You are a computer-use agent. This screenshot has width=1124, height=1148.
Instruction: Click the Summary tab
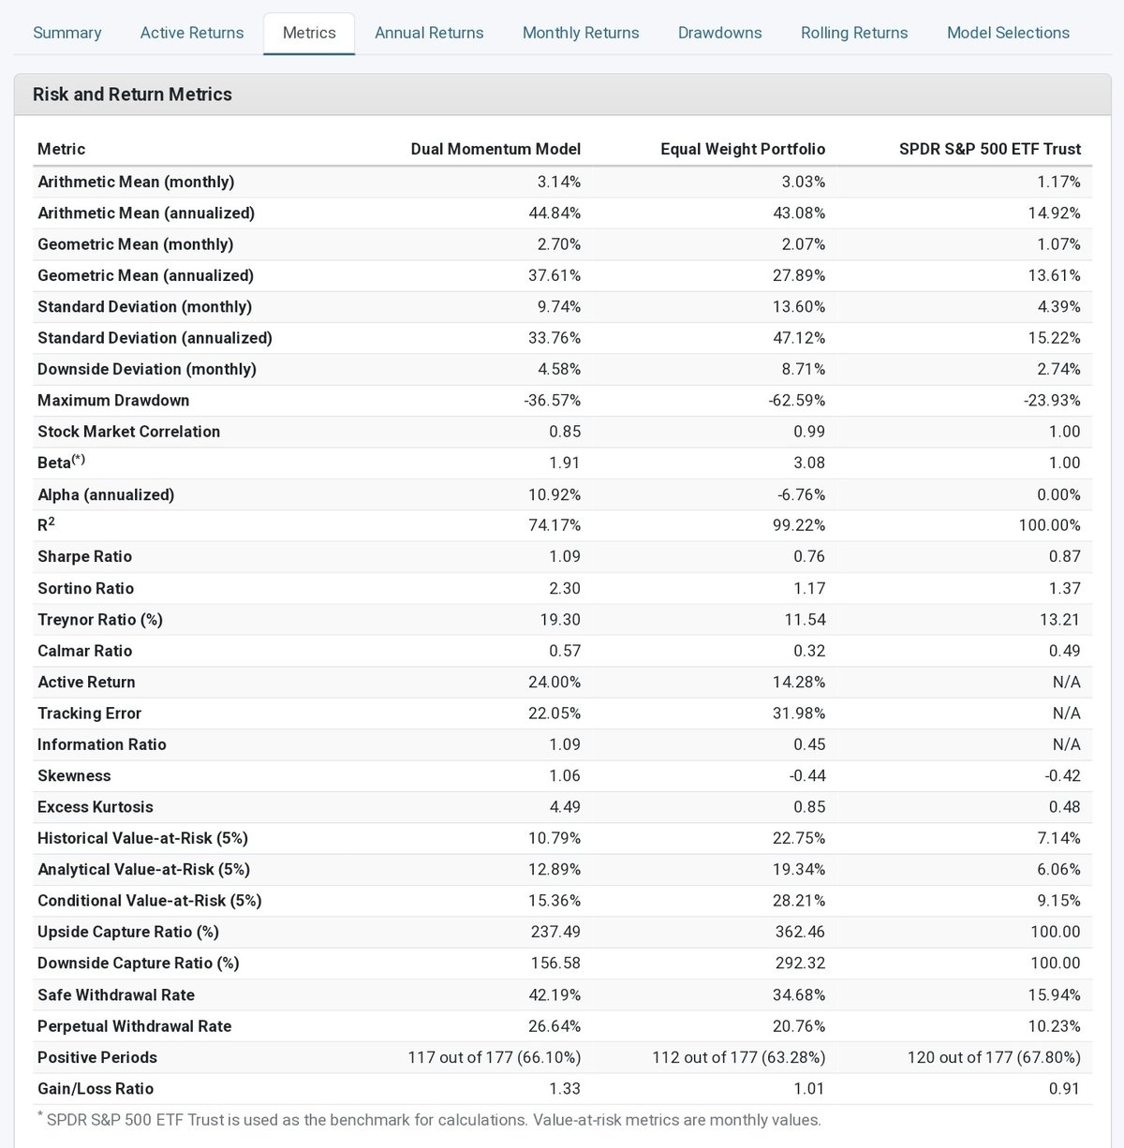(67, 33)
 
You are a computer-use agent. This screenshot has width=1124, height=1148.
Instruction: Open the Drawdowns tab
(719, 33)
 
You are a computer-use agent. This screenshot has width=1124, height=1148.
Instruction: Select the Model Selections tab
(1008, 33)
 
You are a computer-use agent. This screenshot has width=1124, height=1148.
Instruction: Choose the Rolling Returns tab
(853, 33)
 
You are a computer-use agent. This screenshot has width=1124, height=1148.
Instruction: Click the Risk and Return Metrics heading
(132, 95)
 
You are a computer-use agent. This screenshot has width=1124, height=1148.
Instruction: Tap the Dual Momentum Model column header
(495, 149)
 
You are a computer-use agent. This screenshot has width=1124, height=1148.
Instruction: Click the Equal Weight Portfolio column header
(742, 149)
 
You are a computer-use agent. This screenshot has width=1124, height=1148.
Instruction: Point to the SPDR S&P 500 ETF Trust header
(989, 149)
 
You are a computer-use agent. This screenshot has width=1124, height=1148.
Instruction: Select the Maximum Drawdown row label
(113, 400)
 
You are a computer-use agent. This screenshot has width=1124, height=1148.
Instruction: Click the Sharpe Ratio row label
(84, 556)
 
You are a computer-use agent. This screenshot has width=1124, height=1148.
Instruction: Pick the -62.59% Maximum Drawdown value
(797, 400)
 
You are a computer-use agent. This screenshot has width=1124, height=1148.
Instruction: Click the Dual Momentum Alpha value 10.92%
(555, 494)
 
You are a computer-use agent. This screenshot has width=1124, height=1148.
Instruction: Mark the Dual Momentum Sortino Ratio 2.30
(564, 588)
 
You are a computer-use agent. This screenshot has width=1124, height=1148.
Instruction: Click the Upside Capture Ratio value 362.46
(799, 932)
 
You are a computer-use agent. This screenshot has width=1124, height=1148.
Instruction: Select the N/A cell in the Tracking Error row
(1066, 714)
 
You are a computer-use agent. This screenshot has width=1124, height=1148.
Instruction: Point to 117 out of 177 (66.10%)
(494, 1057)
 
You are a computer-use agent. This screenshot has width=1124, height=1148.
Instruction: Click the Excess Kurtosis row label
(95, 807)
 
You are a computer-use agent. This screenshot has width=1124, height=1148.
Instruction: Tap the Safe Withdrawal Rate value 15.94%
(1054, 994)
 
